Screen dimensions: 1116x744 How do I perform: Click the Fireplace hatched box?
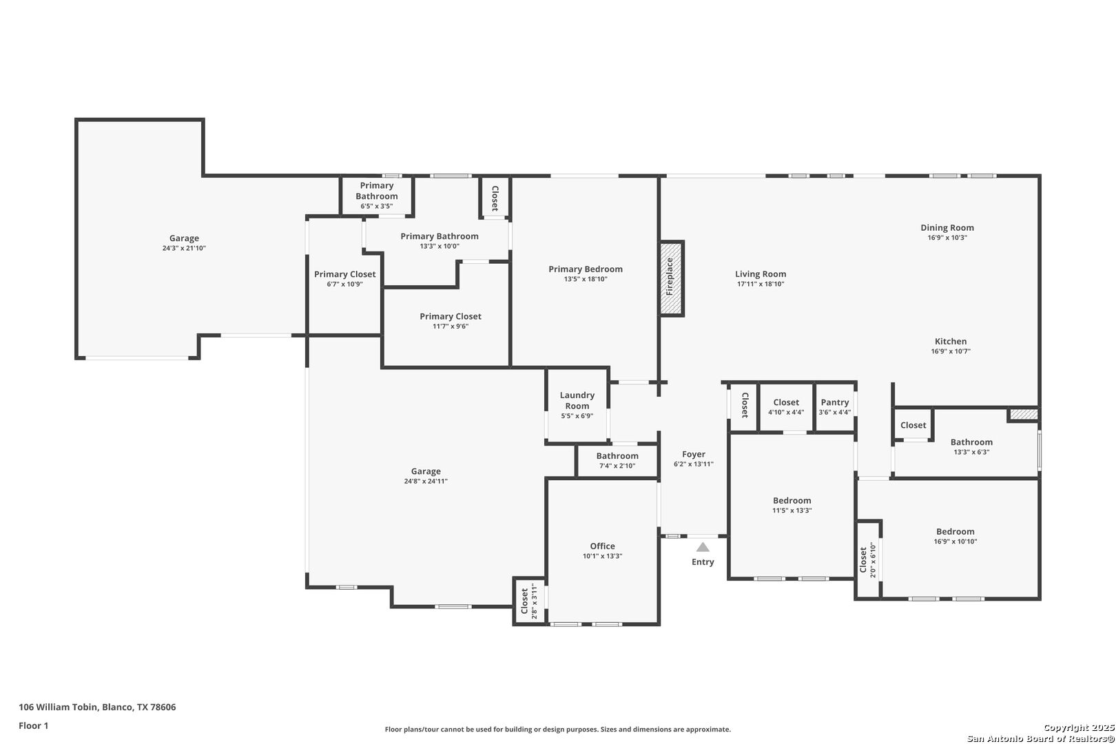point(671,278)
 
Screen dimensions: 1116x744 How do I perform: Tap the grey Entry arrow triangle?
point(703,547)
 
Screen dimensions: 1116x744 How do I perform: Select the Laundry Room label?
point(577,400)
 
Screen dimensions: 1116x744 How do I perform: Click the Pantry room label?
point(834,402)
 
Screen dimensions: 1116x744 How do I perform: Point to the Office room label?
point(602,546)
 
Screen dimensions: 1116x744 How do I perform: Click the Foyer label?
point(694,454)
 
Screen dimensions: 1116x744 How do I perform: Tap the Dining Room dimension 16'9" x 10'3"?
point(947,238)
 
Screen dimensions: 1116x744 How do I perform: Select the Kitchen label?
point(951,342)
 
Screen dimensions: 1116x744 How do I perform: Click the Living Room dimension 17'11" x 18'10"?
point(761,284)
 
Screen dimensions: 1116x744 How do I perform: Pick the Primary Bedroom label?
point(586,269)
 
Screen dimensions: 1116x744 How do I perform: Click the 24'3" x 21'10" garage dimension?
point(184,248)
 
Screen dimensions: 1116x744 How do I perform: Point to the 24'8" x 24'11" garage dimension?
point(426,482)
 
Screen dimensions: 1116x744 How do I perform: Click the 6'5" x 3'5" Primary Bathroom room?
point(377,196)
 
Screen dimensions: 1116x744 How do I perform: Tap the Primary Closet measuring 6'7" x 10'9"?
point(344,276)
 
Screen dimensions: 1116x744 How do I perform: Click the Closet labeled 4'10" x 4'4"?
point(786,406)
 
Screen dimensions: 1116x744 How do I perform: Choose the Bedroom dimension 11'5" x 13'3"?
point(792,510)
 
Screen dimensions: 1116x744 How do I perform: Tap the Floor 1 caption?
point(33,725)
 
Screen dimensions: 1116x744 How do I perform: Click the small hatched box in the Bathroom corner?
point(1023,415)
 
